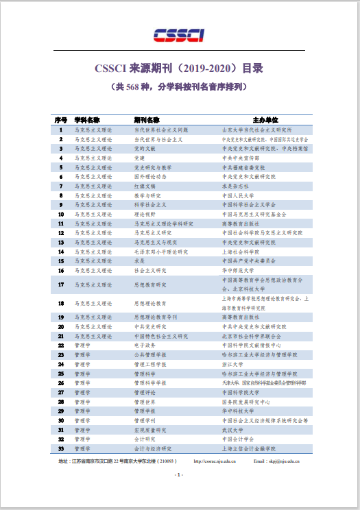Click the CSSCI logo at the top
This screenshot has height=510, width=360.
[180, 35]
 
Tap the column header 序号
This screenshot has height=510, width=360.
[61, 120]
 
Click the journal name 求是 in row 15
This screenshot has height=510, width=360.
[139, 260]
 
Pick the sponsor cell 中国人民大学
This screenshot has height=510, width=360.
[236, 195]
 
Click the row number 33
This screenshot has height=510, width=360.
[61, 448]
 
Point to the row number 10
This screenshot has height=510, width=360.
[61, 214]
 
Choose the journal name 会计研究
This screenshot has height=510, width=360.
[144, 439]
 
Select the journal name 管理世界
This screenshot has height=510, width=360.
[144, 402]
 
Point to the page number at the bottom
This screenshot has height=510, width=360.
[179, 475]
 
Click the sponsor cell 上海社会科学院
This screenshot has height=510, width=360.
[238, 252]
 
